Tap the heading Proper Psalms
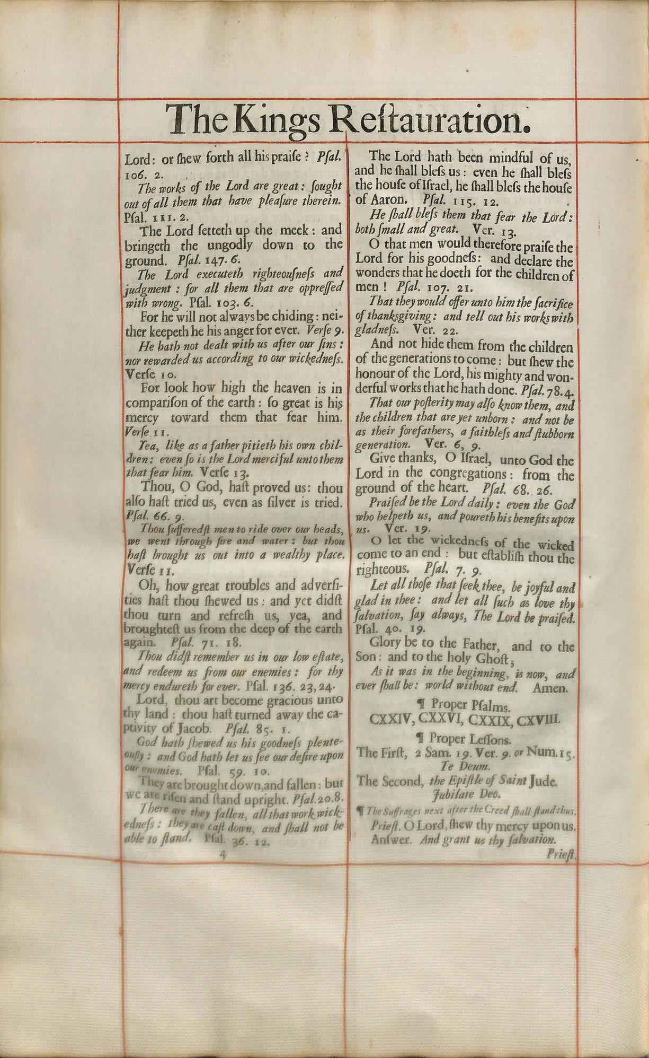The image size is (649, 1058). [x=472, y=706]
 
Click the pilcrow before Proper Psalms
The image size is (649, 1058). [x=422, y=706]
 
